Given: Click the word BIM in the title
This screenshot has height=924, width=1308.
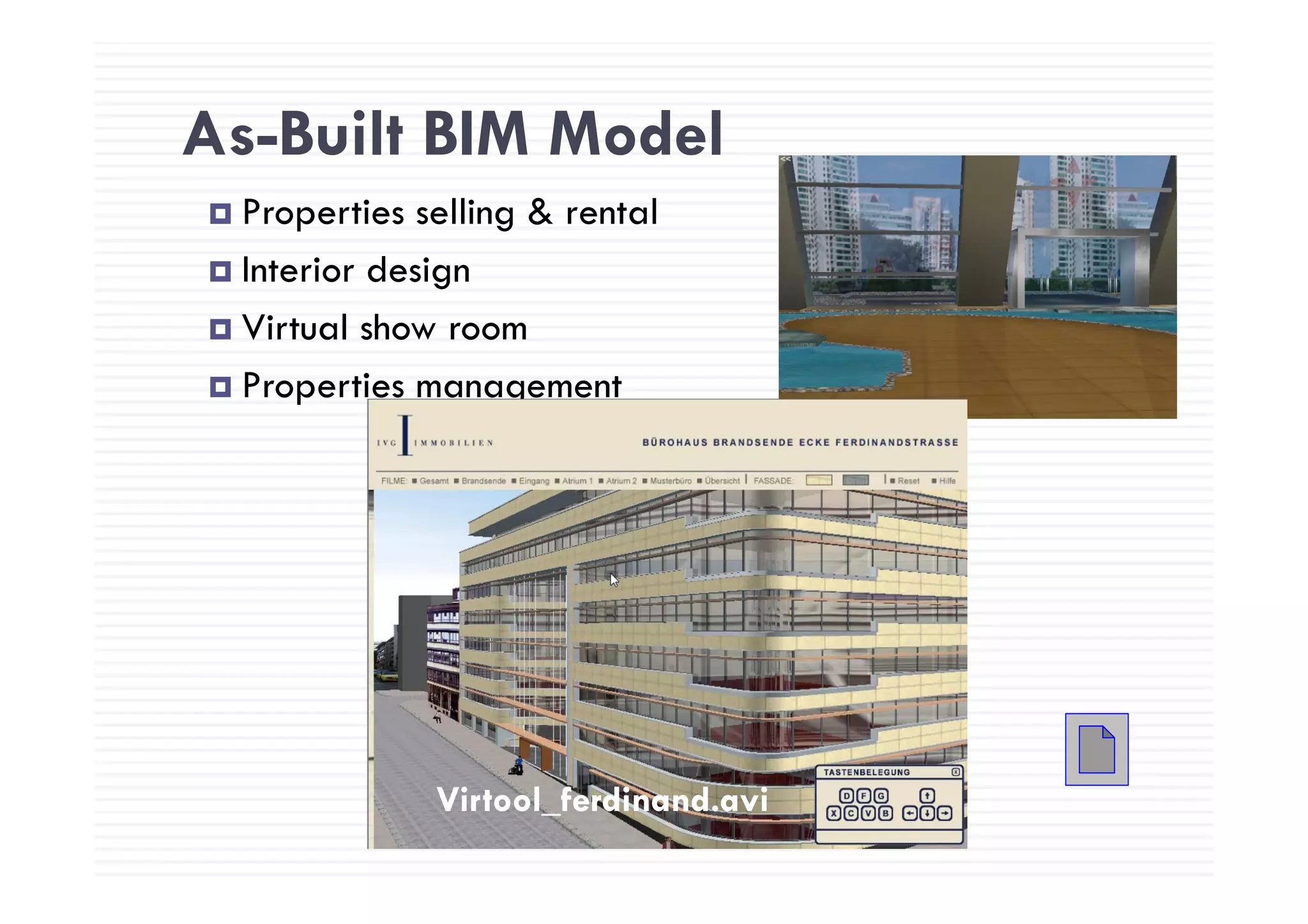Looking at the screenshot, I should pyautogui.click(x=476, y=135).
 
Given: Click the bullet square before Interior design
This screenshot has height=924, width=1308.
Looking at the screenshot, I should pyautogui.click(x=220, y=271).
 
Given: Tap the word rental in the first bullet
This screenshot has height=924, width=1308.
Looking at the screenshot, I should pyautogui.click(x=611, y=213).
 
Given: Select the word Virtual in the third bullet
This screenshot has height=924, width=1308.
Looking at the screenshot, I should pyautogui.click(x=295, y=328).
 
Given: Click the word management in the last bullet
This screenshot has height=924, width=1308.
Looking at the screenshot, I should pyautogui.click(x=518, y=386).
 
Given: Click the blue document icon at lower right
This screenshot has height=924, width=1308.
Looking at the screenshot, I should pyautogui.click(x=1096, y=749).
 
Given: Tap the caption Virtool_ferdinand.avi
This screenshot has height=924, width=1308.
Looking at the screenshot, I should pyautogui.click(x=602, y=799).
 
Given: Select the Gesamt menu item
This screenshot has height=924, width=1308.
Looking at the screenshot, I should pyautogui.click(x=434, y=481).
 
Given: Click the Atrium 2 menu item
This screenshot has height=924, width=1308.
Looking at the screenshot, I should pyautogui.click(x=621, y=481).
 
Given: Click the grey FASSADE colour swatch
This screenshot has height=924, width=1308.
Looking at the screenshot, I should pyautogui.click(x=855, y=480).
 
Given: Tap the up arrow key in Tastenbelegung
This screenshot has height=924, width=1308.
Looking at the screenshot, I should pyautogui.click(x=927, y=796).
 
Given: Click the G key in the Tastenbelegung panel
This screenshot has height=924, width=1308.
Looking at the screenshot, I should pyautogui.click(x=881, y=796).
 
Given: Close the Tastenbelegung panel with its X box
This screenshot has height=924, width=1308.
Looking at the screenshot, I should pyautogui.click(x=955, y=772).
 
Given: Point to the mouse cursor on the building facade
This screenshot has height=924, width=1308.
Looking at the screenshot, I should pyautogui.click(x=613, y=579).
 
